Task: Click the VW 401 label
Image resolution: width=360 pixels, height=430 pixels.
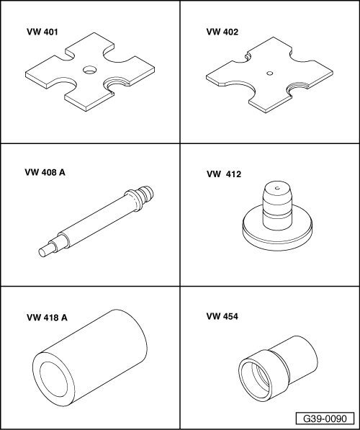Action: (x=42, y=32)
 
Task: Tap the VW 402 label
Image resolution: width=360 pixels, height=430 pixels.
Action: (x=222, y=32)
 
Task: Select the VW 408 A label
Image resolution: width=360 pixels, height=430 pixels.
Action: (x=45, y=172)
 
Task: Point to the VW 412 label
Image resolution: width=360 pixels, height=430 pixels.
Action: (x=224, y=174)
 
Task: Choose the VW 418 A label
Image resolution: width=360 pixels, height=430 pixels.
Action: (x=47, y=318)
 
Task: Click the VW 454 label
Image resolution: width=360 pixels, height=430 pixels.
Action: (x=222, y=316)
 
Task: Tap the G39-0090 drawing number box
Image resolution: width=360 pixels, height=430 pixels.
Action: (x=325, y=418)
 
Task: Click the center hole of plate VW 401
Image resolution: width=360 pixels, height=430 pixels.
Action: (x=90, y=70)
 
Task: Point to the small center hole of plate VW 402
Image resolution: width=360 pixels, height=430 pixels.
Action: (x=270, y=73)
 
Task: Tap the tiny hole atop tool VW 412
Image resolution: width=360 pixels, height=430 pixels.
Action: (x=277, y=188)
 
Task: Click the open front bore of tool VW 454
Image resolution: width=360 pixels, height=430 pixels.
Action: (x=256, y=380)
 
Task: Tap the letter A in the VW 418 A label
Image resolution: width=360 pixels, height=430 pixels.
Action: (x=64, y=318)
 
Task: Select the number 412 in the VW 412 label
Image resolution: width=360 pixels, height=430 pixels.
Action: (x=233, y=174)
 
